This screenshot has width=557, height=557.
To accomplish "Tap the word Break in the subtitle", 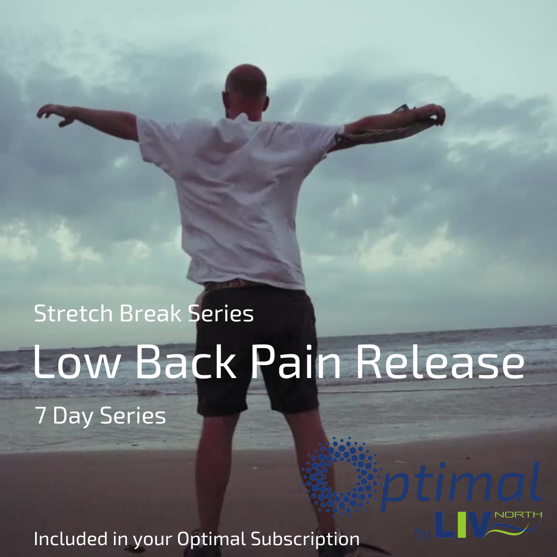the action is tap(150, 314).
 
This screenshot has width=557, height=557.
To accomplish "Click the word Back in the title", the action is tap(186, 361).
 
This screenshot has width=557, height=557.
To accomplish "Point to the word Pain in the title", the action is tap(296, 361).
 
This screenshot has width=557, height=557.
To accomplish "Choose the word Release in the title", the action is tap(440, 361).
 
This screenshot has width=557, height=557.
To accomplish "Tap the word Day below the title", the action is tap(73, 416).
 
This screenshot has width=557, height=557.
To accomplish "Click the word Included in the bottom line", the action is tap(71, 538).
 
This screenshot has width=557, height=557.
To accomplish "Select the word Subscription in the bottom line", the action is tap(305, 539).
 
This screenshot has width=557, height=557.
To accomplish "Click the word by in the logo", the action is tap(423, 533).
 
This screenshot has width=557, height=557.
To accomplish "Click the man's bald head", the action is tap(246, 81).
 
